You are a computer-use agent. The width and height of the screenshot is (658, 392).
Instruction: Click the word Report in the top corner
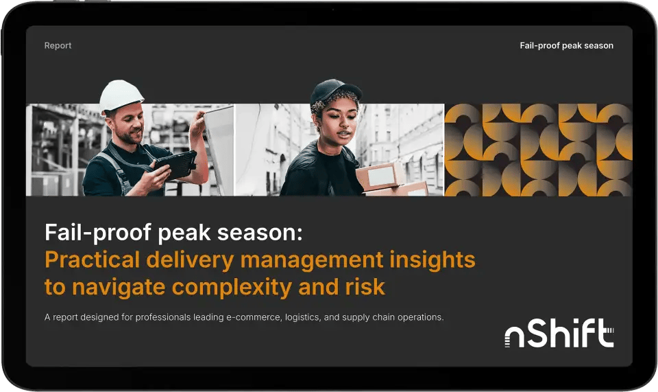point(58,46)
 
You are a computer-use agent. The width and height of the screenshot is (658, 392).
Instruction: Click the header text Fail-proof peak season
point(566,46)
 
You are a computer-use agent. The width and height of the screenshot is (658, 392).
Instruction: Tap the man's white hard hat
point(121,94)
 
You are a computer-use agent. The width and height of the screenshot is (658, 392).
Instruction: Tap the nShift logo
point(559,334)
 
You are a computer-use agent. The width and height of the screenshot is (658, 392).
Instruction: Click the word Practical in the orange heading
point(87,261)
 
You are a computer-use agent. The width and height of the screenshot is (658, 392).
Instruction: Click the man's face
point(127,124)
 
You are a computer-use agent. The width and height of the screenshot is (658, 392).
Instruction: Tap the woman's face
point(334,122)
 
